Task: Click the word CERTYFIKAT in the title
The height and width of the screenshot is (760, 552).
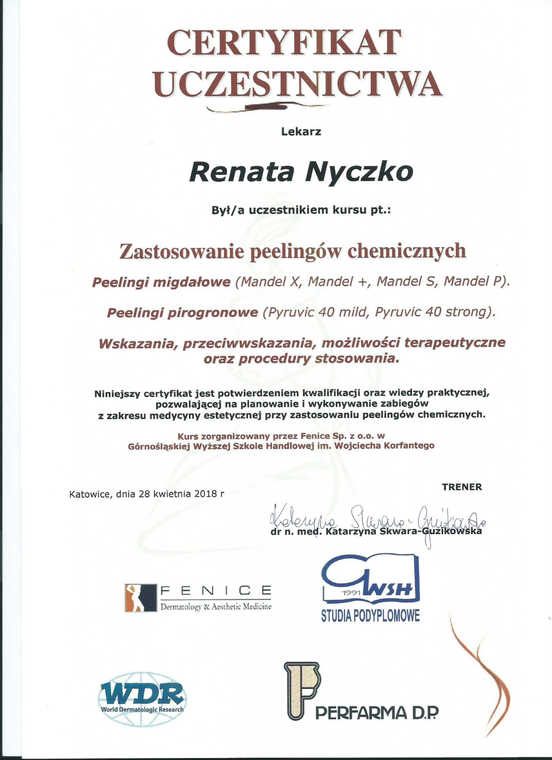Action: coord(284,42)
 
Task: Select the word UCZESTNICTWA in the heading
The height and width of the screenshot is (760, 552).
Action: coord(297,83)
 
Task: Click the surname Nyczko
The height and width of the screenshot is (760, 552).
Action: coord(360,172)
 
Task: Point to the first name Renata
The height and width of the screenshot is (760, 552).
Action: coord(242,172)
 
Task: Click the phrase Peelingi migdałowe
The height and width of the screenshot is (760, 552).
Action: coord(161,282)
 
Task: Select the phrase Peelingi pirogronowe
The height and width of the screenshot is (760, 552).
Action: coord(182,313)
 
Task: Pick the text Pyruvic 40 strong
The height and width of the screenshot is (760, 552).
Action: coord(430,312)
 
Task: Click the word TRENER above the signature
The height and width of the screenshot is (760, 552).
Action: coord(462,487)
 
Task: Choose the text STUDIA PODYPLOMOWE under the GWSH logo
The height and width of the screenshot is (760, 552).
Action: coord(370,616)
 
